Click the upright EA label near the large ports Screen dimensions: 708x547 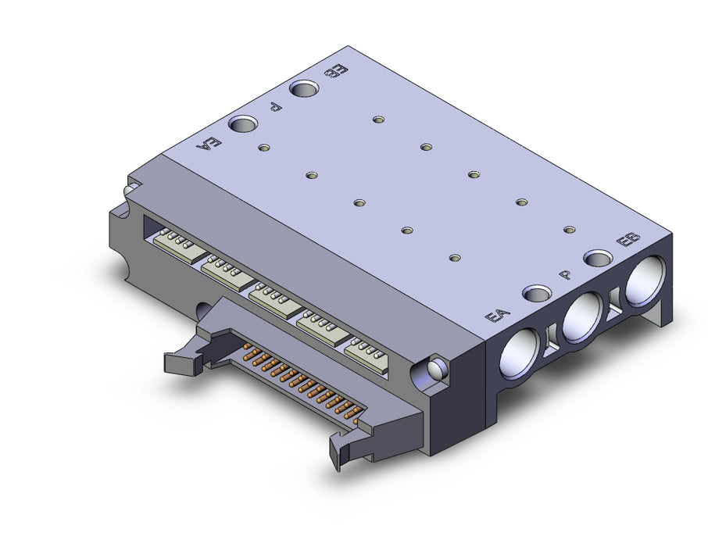497,315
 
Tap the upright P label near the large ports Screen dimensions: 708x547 565,274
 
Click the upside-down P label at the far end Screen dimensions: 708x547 275,107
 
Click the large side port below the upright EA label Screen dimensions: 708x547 519,352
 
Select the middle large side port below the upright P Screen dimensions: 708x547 582,317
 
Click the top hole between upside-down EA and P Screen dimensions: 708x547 243,123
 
